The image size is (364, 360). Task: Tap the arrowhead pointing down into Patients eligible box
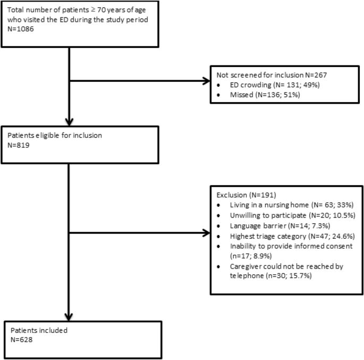[70, 121]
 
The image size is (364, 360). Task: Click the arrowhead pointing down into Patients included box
[70, 315]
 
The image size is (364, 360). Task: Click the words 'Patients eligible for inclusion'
[53, 135]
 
